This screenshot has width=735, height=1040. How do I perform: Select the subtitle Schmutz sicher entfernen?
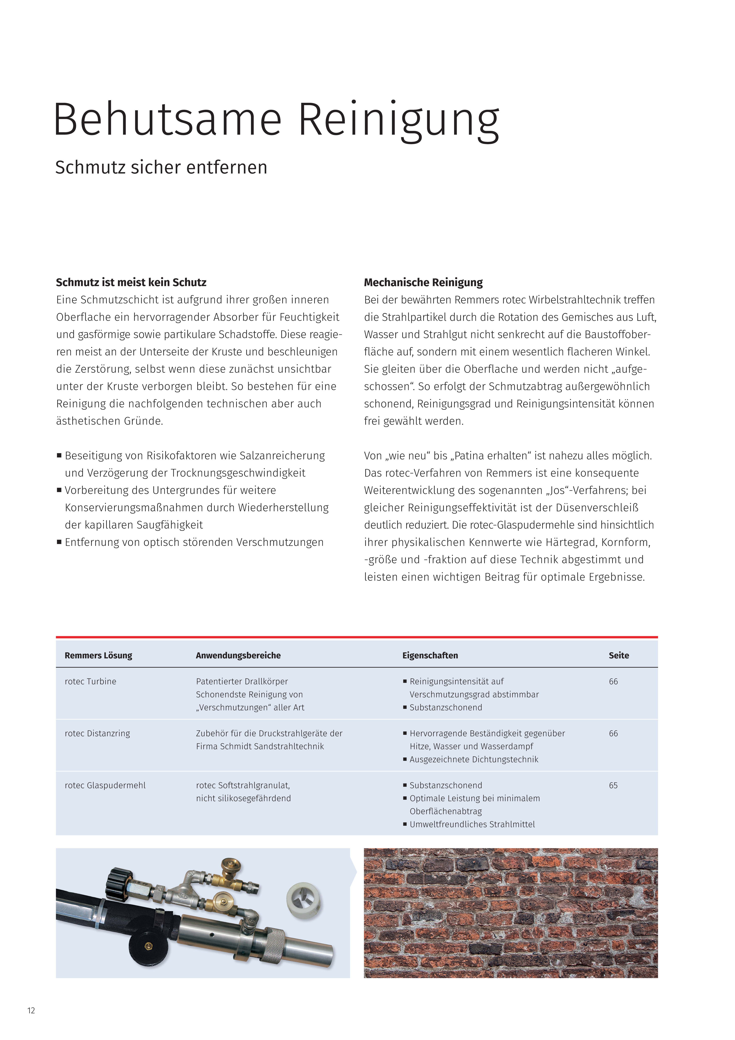pos(161,167)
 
